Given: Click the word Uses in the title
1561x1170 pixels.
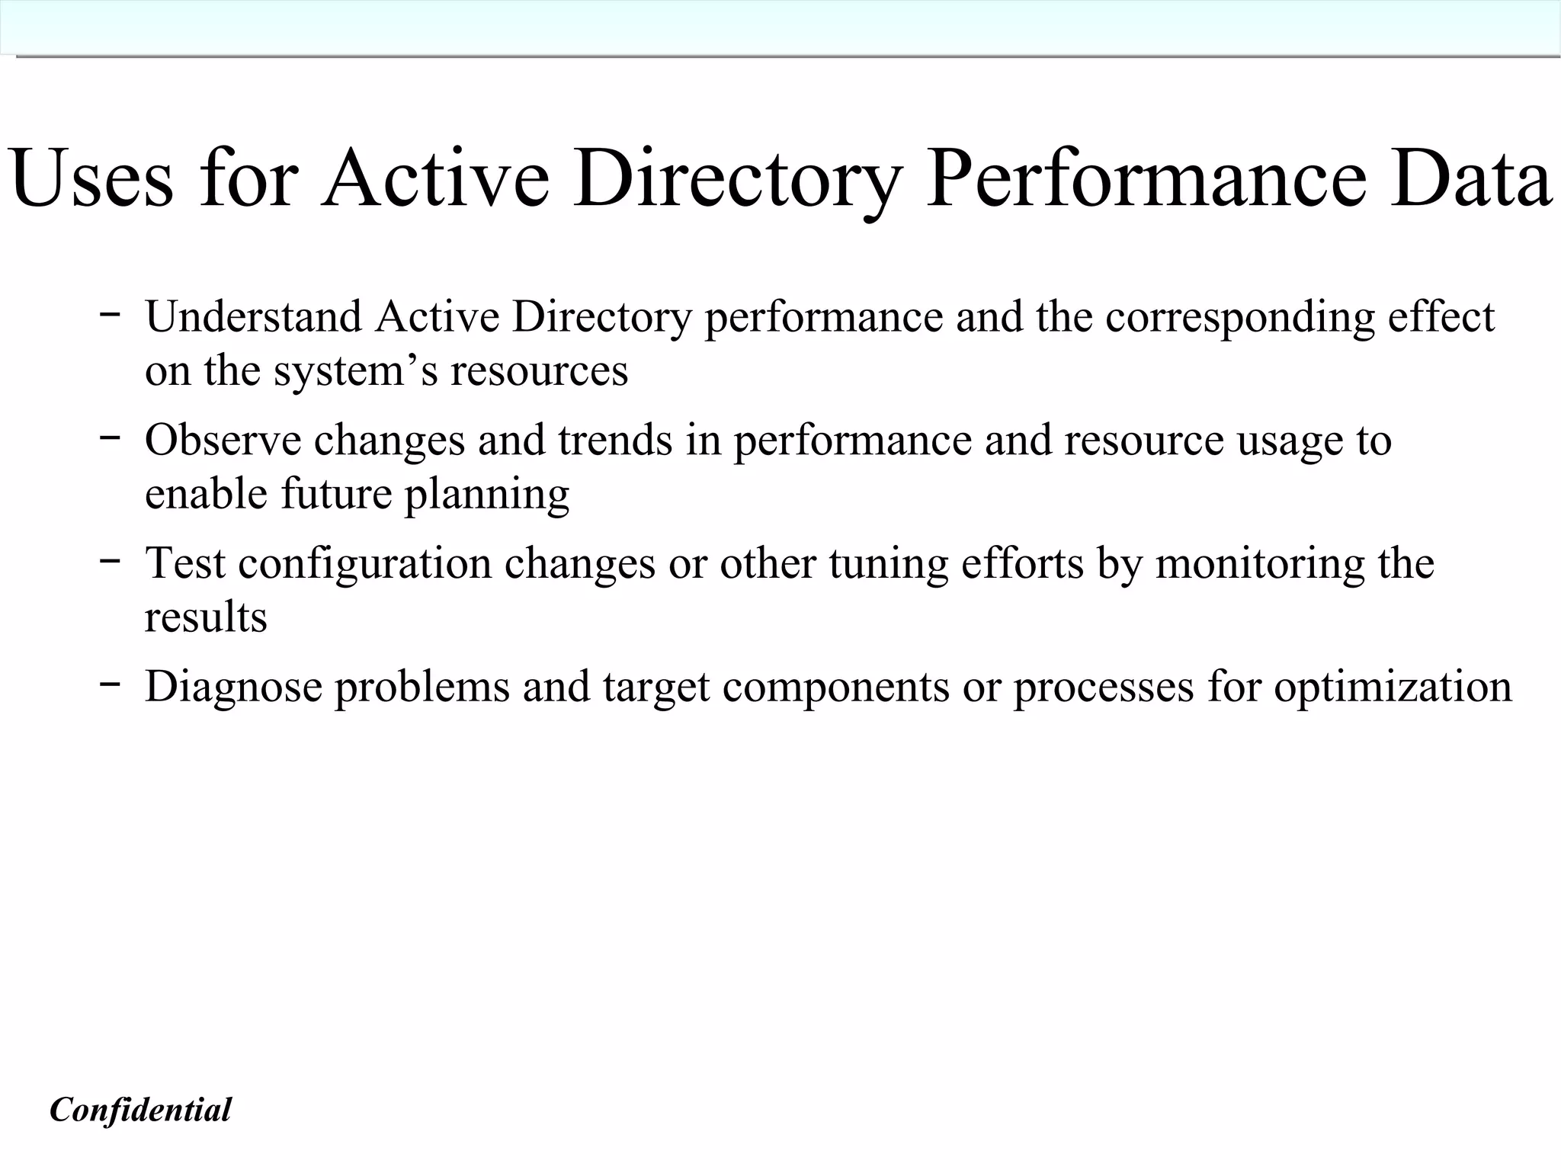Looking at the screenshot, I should [x=91, y=180].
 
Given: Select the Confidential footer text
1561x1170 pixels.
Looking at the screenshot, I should [x=140, y=1110].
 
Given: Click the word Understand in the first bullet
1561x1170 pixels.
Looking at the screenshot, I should [x=253, y=316].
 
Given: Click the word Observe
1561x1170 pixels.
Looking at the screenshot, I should [x=223, y=440].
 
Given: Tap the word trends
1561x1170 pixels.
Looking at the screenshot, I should [x=615, y=440].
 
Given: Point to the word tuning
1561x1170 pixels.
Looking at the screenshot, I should [x=888, y=565].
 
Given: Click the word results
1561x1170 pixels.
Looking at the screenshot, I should [x=206, y=617].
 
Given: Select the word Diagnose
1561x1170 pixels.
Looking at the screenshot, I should [x=233, y=688].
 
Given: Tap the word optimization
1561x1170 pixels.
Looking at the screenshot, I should [x=1393, y=688].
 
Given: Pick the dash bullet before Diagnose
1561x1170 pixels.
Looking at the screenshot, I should [x=109, y=682].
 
